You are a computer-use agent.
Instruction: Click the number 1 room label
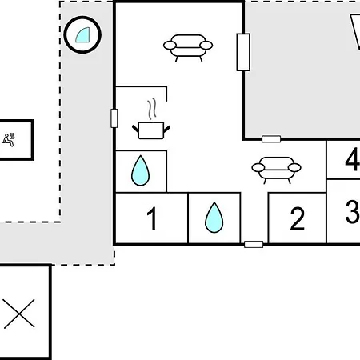[x=152, y=218]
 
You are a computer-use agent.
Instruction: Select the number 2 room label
[x=297, y=219]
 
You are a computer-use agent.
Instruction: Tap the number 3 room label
[x=353, y=211]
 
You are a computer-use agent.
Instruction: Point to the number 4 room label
[x=353, y=159]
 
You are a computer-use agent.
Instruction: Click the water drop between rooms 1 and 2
[x=214, y=218]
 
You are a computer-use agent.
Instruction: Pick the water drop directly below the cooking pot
[x=141, y=171]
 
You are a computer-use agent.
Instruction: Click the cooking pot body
[x=151, y=130]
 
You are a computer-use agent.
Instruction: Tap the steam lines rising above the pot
[x=152, y=109]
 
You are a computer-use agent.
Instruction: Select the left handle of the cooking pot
[x=135, y=129]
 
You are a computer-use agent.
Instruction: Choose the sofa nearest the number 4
[x=276, y=170]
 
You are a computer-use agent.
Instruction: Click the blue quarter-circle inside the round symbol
[x=83, y=35]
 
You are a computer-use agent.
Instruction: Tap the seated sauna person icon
[x=9, y=140]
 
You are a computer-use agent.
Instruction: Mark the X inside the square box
[x=19, y=314]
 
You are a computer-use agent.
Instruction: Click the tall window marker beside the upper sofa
[x=243, y=52]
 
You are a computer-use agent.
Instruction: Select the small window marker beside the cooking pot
[x=114, y=118]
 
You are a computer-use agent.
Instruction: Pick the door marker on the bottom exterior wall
[x=254, y=244]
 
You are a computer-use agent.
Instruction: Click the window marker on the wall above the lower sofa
[x=271, y=139]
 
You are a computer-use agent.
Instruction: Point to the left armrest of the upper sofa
[x=170, y=46]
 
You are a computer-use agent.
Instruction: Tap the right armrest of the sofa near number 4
[x=294, y=168]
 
